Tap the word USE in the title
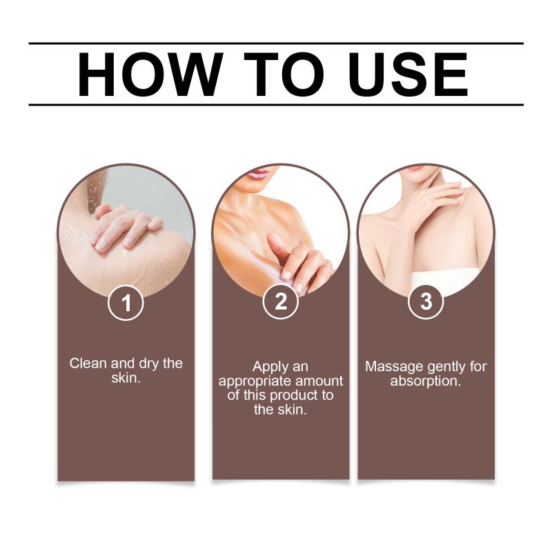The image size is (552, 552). [408, 75]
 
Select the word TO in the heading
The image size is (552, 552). [284, 75]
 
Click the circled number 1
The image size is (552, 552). [126, 303]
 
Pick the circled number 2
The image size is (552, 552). [281, 302]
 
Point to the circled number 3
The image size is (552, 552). [426, 302]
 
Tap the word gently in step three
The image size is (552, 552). [446, 368]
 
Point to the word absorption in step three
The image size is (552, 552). [426, 382]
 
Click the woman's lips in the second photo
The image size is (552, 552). [258, 174]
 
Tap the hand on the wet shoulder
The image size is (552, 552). [125, 227]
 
